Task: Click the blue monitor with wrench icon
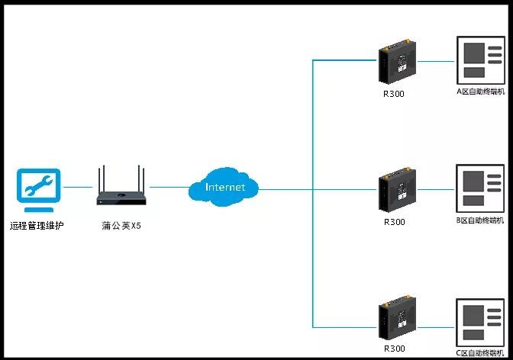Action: pos(36,189)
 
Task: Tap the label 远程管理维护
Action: pos(36,226)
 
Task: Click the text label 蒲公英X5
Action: pos(121,226)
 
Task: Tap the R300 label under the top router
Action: pos(394,95)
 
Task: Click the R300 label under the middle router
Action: pos(394,222)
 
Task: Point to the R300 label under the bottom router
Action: pos(394,349)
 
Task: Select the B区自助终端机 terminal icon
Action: pos(479,187)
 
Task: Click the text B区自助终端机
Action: pos(480,220)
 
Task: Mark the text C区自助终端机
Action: pos(480,352)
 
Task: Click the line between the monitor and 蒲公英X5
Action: pos(77,187)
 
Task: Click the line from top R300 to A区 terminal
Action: pos(435,60)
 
